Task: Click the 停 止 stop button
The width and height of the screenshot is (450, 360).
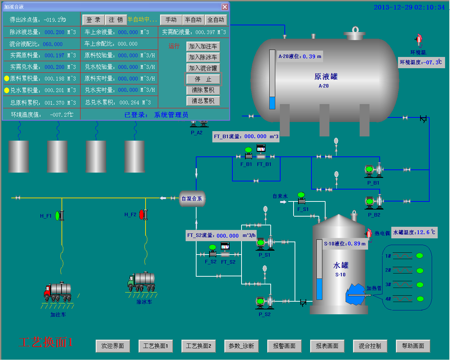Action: (203, 79)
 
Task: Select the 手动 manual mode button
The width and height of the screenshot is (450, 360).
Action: (171, 20)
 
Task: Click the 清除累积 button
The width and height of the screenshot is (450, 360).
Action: (203, 90)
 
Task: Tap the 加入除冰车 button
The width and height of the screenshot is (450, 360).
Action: (203, 57)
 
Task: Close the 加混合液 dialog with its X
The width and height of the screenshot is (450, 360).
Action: (225, 7)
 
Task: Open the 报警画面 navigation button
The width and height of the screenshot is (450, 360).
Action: (284, 346)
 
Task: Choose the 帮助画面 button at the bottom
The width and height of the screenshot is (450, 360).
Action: (413, 346)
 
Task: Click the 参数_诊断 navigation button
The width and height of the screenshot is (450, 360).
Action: (241, 346)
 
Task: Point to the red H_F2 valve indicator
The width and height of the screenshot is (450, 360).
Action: (142, 214)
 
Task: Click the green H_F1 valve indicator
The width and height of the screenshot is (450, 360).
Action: (58, 216)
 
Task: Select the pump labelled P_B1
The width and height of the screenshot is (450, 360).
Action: (373, 170)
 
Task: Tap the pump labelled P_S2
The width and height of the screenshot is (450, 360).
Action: (265, 302)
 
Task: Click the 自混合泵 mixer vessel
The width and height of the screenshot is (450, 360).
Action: (192, 199)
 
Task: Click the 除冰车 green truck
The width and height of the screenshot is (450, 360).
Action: (141, 282)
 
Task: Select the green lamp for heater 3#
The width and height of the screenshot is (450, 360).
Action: (420, 285)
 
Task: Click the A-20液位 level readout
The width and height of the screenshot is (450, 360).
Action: (300, 56)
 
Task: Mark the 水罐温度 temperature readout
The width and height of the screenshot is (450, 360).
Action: (414, 232)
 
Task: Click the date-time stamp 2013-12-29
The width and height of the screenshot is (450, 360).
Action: (409, 7)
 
